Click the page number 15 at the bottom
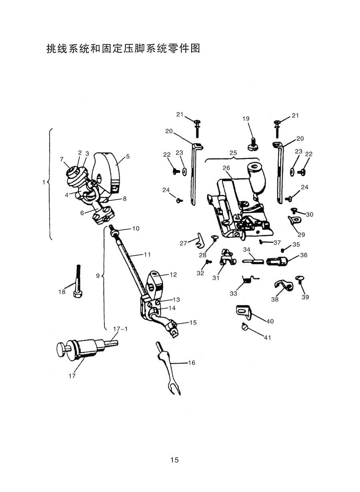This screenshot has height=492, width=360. pyautogui.click(x=174, y=460)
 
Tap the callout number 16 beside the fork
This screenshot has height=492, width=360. pyautogui.click(x=192, y=363)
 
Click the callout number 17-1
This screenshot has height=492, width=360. pyautogui.click(x=120, y=329)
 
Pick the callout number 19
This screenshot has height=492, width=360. pyautogui.click(x=246, y=119)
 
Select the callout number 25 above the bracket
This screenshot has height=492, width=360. pyautogui.click(x=233, y=153)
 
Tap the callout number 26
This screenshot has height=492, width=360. pyautogui.click(x=226, y=168)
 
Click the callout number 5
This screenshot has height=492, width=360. pyautogui.click(x=128, y=157)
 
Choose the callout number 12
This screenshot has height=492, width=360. pyautogui.click(x=173, y=275)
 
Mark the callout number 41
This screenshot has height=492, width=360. pyautogui.click(x=267, y=338)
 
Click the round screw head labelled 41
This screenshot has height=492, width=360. pyautogui.click(x=245, y=328)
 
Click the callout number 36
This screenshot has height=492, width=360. pyautogui.click(x=304, y=255)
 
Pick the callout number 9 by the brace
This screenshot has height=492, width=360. pyautogui.click(x=98, y=276)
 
